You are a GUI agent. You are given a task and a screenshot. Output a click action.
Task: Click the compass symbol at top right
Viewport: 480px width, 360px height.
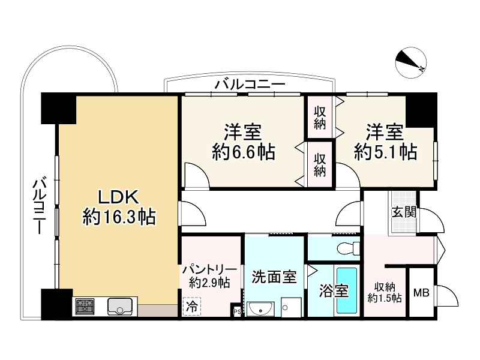[x=412, y=62]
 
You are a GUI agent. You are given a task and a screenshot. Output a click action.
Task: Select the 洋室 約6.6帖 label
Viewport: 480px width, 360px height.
[x=244, y=142]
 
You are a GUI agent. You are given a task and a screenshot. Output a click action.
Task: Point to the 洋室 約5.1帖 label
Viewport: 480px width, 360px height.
[x=385, y=142]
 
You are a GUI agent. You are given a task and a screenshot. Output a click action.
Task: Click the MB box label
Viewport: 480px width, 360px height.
[x=421, y=293]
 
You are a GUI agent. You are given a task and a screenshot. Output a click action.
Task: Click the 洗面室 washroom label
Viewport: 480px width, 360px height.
[x=274, y=277]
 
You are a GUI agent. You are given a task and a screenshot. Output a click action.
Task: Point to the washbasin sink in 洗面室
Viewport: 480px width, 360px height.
[x=260, y=309]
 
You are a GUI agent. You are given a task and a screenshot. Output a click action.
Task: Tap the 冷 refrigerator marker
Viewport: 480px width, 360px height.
[x=191, y=307]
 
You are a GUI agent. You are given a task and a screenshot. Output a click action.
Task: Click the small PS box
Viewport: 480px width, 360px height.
[x=236, y=311]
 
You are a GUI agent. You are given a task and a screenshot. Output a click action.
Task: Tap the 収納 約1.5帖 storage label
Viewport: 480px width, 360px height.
[x=385, y=292]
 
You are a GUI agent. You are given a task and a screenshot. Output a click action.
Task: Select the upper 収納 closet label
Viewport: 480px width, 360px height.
[x=320, y=118]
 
